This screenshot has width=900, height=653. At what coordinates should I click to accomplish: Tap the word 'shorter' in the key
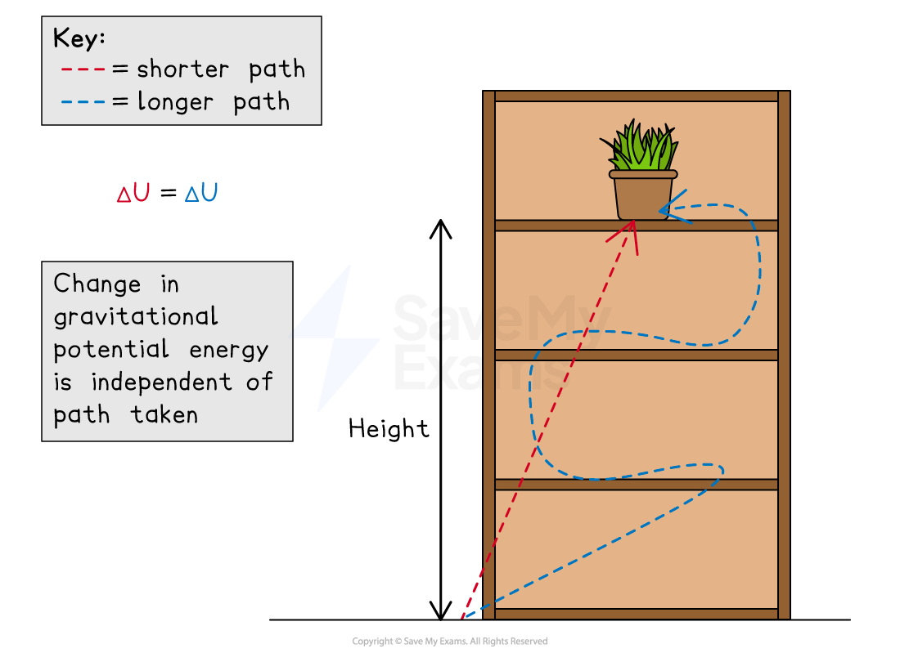(183, 69)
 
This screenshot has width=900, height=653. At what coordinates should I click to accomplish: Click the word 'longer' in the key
(175, 102)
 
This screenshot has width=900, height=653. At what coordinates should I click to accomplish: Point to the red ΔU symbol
(133, 194)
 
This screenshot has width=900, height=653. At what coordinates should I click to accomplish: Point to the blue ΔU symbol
(201, 194)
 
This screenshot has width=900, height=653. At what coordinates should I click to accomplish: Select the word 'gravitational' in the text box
(136, 317)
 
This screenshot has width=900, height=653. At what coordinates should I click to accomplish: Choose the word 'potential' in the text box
(111, 350)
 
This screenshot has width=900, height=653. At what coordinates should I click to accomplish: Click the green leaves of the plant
(643, 148)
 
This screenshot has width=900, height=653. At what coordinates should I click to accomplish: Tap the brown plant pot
(642, 197)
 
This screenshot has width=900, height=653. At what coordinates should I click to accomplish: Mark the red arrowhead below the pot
(628, 234)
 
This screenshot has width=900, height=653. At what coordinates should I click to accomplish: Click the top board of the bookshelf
(636, 96)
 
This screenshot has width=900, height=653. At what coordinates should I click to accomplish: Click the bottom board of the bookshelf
(636, 614)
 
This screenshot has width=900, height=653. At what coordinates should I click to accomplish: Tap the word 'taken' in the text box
(164, 414)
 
